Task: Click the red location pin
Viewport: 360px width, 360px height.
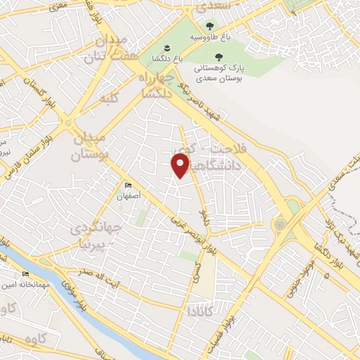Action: pos(181,165)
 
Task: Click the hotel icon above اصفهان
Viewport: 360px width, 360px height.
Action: pos(127,186)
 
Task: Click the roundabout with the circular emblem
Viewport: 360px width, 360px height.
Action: pos(281,224)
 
